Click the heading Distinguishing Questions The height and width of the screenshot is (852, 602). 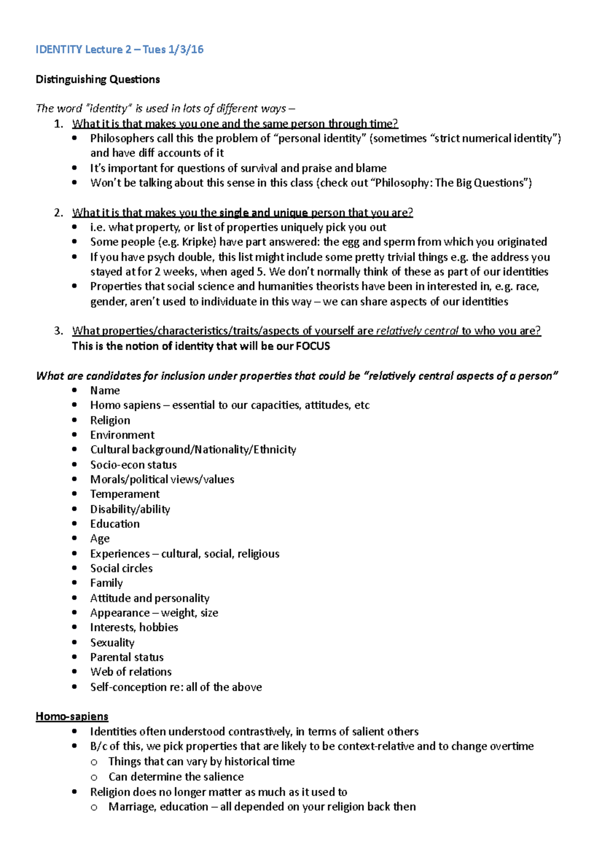coord(98,79)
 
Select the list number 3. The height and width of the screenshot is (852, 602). coord(58,331)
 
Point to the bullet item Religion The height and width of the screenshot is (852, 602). coord(110,420)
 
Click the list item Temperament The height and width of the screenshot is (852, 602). coord(125,494)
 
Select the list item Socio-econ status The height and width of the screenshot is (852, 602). coord(133,465)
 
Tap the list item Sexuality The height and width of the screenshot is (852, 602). coord(112,643)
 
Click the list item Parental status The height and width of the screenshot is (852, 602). coord(127,657)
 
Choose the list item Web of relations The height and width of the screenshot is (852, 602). coord(131,672)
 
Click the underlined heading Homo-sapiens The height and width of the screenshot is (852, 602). coord(72,717)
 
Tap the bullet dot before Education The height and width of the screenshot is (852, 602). coord(75,524)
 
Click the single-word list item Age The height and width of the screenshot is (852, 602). coord(100,538)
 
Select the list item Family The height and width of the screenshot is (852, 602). coord(106,583)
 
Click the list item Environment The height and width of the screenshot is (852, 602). coord(122,435)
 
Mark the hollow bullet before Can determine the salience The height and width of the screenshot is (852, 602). coord(94,777)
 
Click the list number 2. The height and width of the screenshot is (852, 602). coord(58,213)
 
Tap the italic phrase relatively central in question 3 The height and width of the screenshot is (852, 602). coord(417,331)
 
